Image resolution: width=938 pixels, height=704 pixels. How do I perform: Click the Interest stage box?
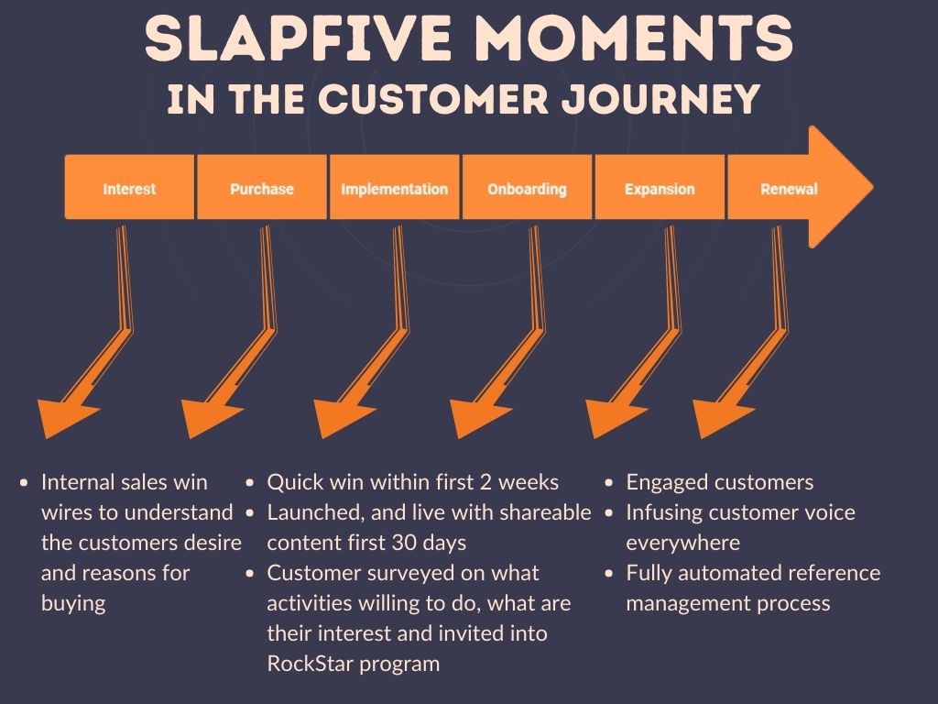[129, 187]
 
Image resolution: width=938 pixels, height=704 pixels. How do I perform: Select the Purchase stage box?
[262, 187]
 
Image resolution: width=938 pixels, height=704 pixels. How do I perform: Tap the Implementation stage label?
[394, 189]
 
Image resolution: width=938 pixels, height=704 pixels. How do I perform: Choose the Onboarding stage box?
[527, 187]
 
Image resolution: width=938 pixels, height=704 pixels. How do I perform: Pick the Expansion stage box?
[660, 187]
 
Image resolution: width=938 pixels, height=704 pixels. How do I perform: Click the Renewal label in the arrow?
[789, 189]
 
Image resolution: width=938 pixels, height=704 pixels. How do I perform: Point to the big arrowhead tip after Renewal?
[873, 187]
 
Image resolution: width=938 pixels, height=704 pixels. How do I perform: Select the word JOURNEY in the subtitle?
[661, 99]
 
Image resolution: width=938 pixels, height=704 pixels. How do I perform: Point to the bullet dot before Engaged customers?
[609, 482]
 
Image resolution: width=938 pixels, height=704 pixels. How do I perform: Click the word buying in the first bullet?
[73, 604]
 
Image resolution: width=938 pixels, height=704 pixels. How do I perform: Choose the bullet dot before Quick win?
[250, 482]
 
